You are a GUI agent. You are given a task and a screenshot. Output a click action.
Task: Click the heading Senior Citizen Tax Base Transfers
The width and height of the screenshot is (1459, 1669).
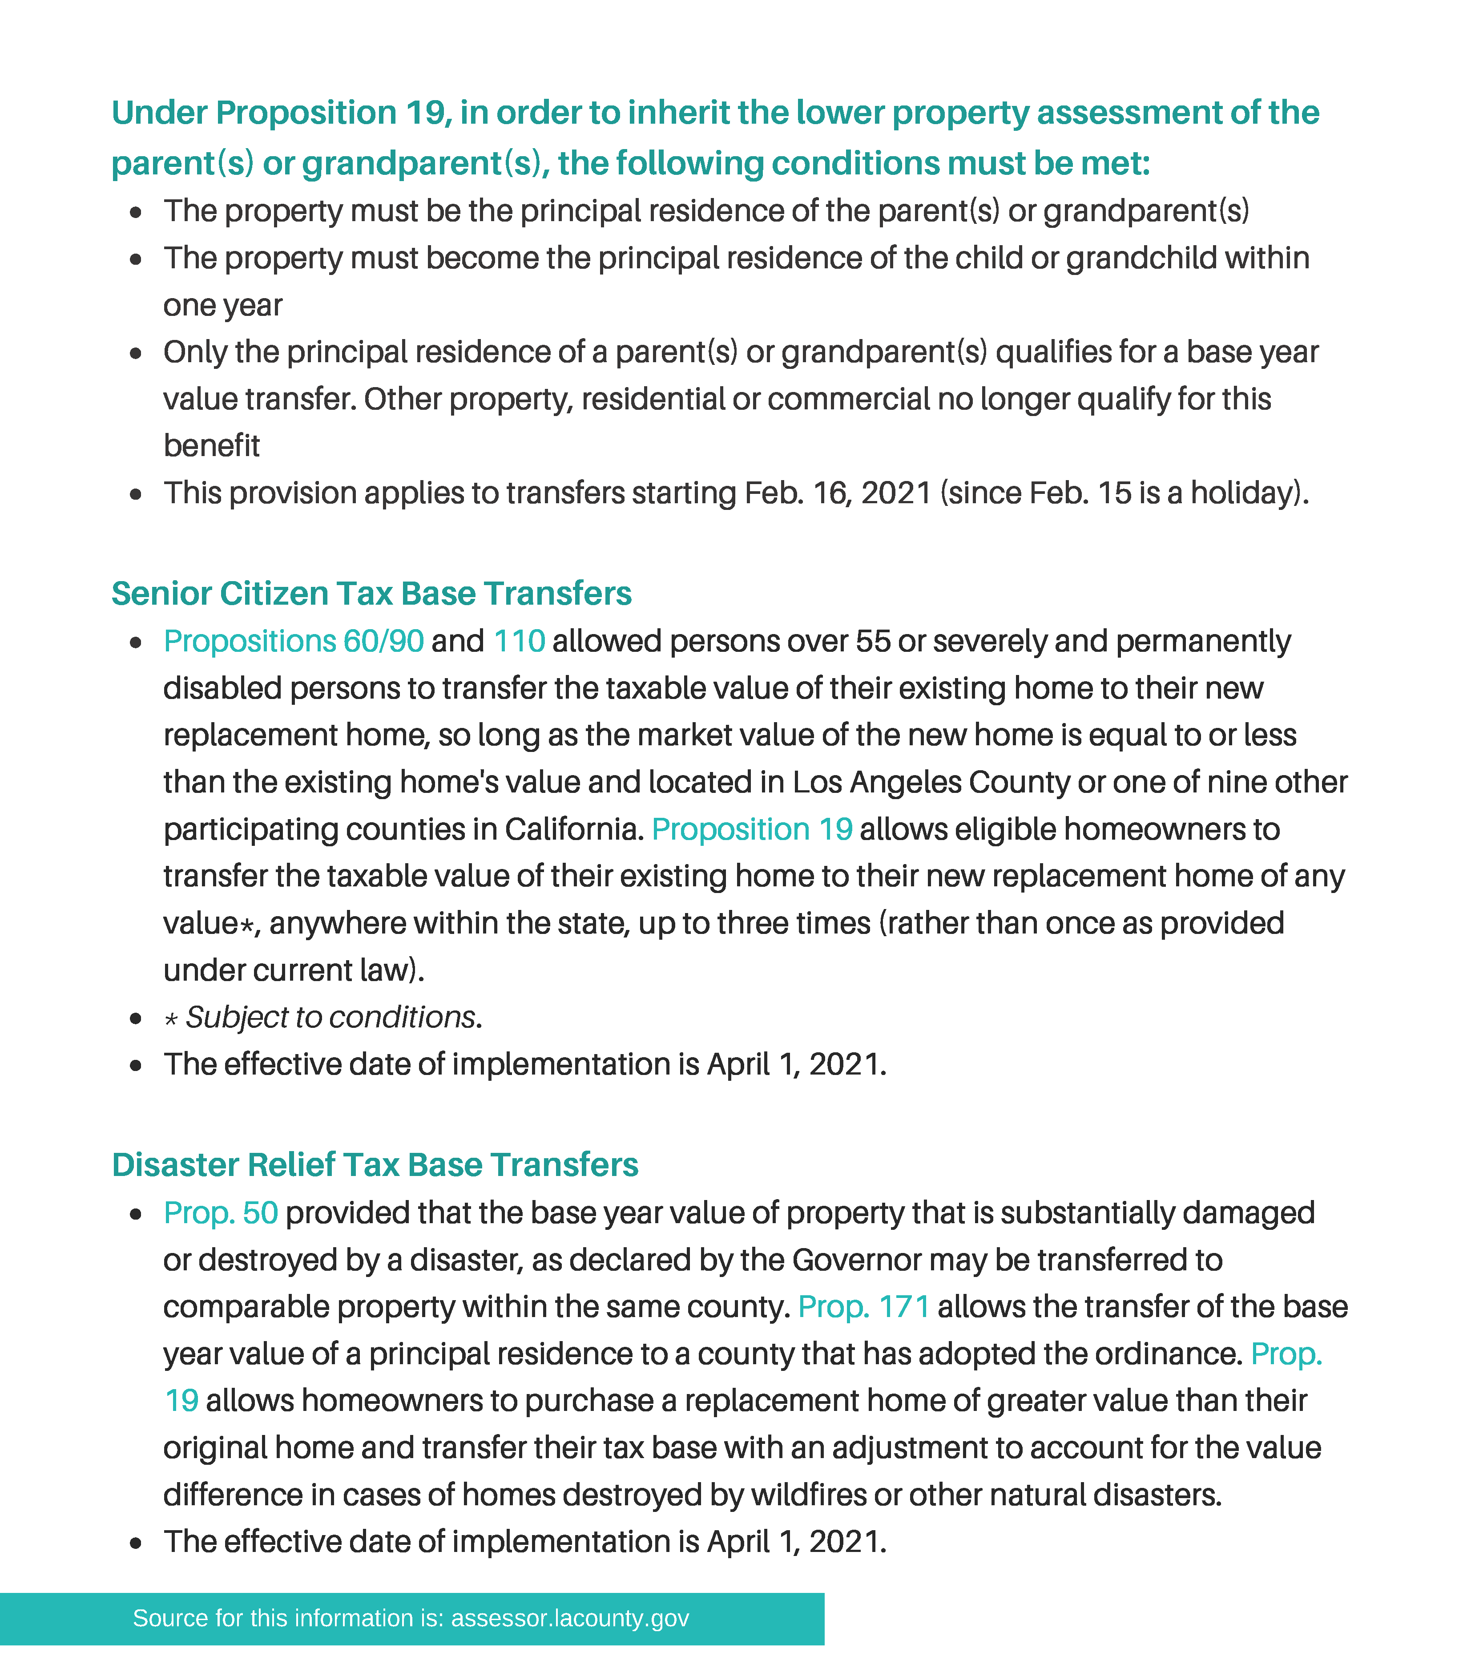coord(371,594)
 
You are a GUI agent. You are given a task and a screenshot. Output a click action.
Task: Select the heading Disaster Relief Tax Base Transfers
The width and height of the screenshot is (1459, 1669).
coord(375,1165)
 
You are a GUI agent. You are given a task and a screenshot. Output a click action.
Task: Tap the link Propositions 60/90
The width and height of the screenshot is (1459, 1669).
coord(293,641)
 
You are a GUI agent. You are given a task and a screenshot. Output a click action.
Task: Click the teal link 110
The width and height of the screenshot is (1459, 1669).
coord(519,641)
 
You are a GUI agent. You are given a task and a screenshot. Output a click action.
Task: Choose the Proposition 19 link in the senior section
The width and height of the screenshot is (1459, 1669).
coord(751,829)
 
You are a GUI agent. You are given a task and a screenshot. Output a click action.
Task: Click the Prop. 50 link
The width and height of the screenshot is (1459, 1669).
coord(221,1213)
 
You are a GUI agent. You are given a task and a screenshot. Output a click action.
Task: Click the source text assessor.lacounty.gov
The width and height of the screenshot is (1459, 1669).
coord(570,1618)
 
